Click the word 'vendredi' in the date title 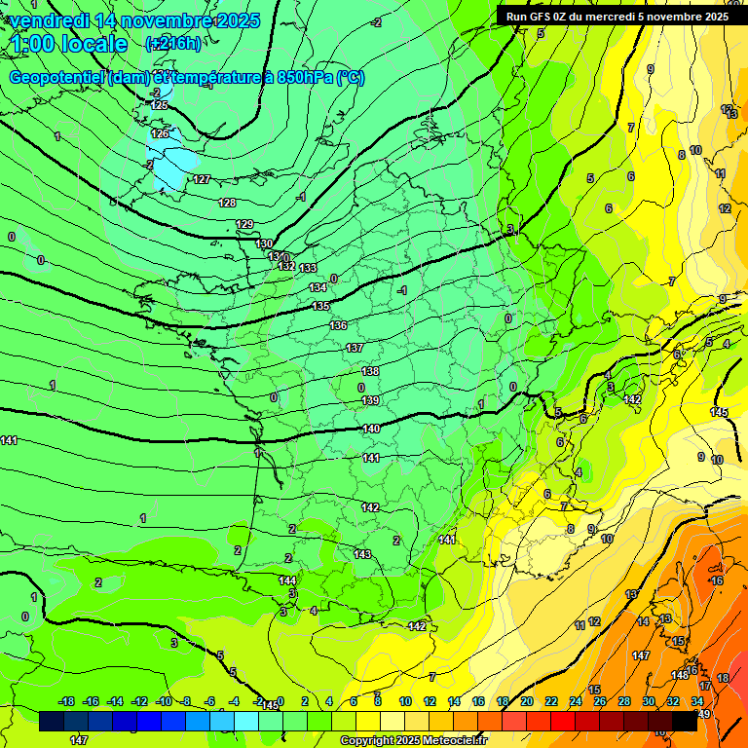[51, 20]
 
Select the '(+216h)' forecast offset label [172, 44]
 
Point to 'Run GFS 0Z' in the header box [538, 17]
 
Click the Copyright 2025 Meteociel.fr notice [413, 740]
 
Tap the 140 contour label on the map [371, 429]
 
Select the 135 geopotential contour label [320, 307]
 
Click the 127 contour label [202, 179]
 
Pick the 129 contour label [244, 224]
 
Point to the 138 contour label [370, 371]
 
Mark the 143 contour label [362, 553]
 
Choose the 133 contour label [308, 268]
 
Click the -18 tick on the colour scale [66, 701]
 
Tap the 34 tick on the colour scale [697, 701]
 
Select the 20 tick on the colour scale [526, 701]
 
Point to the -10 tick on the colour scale [165, 701]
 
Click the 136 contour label [338, 325]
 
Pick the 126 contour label [160, 133]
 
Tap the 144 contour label [287, 580]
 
